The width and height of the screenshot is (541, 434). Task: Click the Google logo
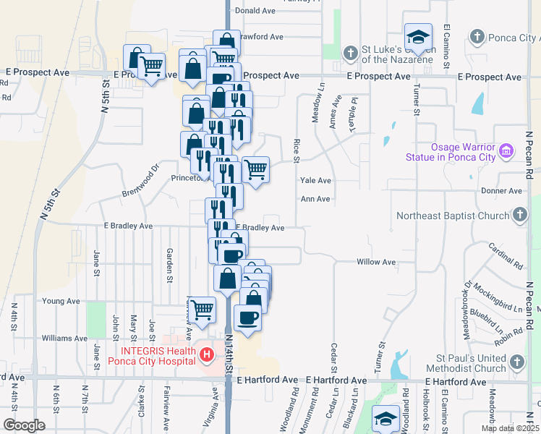pos(24,425)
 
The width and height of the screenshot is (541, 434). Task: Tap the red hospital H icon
pos(207,354)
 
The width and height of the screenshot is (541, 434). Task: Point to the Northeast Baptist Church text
pos(453,216)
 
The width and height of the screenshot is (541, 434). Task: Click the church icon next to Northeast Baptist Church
pos(519,215)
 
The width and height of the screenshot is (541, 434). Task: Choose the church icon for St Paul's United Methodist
pos(517,361)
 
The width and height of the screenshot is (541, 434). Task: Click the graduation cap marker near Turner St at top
pos(417,37)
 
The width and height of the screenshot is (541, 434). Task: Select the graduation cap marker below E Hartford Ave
pos(385,418)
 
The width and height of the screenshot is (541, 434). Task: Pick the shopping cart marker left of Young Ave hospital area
pos(203,309)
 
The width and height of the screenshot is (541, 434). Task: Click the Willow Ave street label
pos(377,262)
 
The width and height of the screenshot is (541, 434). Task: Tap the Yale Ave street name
pos(315,181)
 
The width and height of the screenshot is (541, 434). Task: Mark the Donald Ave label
pos(255,11)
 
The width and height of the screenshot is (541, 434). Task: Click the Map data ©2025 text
pos(509,428)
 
